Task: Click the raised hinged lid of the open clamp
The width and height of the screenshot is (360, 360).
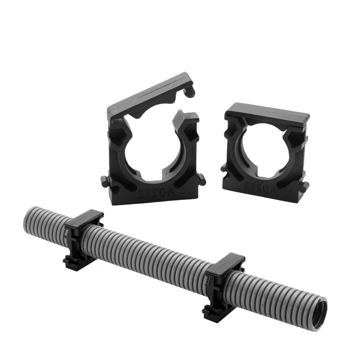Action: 148,92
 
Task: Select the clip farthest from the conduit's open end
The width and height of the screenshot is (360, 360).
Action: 83,238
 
